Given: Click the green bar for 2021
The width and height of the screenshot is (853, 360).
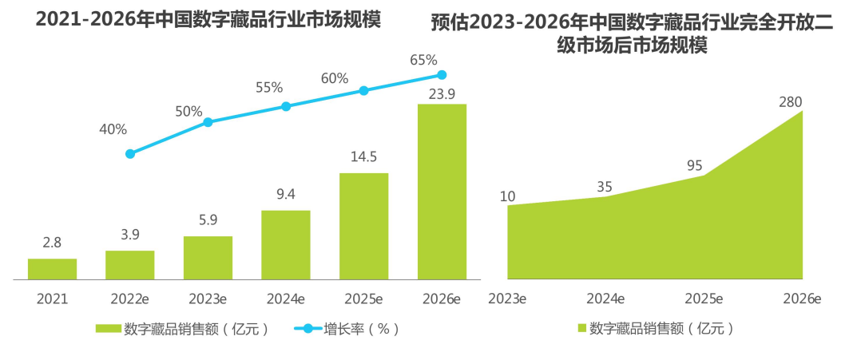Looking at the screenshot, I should click(52, 269).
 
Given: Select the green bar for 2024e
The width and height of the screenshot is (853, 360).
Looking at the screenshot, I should click(286, 245).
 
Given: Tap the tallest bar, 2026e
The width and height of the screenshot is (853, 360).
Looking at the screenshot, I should click(442, 192).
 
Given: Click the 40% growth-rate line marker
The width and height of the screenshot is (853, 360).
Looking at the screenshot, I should click(130, 153).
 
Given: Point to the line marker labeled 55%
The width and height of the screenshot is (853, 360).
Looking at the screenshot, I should click(286, 106).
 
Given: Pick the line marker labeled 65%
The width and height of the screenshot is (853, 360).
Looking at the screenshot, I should click(442, 75).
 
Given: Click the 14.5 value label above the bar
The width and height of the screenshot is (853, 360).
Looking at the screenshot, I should click(363, 157).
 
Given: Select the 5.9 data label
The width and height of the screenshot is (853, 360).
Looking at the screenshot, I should click(208, 220).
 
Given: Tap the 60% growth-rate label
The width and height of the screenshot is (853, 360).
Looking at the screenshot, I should click(335, 78).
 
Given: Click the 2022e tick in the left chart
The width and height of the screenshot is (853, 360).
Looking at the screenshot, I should click(130, 299).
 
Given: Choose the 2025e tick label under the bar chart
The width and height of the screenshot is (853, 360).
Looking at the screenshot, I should click(363, 299).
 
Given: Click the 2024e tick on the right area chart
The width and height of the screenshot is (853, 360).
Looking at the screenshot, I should click(605, 299).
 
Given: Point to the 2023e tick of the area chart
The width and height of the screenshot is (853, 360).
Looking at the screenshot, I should click(507, 299).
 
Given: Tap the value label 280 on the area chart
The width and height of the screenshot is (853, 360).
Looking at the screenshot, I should click(790, 102).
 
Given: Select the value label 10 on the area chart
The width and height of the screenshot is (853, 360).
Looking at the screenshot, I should click(508, 196).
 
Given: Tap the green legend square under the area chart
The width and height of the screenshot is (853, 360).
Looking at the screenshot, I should click(581, 328).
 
